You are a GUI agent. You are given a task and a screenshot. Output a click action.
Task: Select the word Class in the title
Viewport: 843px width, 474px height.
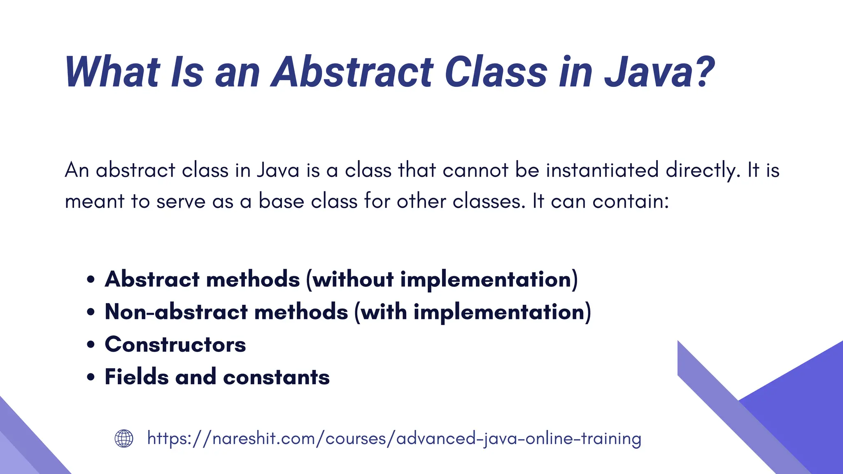[x=496, y=72]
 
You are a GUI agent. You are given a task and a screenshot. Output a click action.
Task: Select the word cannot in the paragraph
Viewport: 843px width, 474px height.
[x=475, y=170]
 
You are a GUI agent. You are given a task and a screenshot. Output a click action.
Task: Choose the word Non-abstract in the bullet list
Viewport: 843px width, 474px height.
[x=176, y=312]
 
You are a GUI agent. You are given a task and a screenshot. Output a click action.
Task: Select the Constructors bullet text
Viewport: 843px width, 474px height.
[x=175, y=344]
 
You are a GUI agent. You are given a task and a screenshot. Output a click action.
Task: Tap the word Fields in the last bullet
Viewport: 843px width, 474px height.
[x=137, y=377]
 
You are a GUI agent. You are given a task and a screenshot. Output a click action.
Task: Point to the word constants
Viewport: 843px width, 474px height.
[x=276, y=377]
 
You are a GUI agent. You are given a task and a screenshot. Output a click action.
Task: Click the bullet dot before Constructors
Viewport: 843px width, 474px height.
[x=91, y=345]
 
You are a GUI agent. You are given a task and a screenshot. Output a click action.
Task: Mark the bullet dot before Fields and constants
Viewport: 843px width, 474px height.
[x=91, y=377]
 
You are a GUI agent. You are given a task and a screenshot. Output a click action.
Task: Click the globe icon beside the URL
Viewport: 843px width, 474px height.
[x=124, y=438]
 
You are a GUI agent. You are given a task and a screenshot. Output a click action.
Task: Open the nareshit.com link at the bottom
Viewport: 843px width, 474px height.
[x=394, y=439]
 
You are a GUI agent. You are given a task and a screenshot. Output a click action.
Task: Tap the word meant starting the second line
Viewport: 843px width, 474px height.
[x=95, y=202]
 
